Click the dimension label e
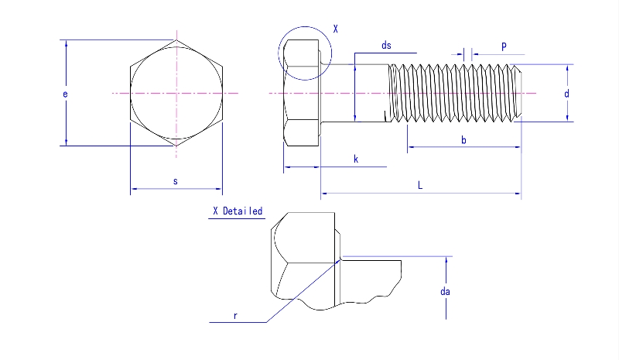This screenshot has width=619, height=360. coord(66,94)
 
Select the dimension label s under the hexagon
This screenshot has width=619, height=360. coord(176,181)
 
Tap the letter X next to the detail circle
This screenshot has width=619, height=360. coord(335,29)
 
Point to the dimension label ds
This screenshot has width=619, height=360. coord(386,46)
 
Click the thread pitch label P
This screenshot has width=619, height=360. coord(504,46)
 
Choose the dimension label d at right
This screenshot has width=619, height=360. coord(567,93)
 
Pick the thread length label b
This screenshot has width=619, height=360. coord(463,139)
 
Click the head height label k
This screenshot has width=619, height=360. coord(356,159)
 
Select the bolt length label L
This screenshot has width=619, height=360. coord(420,185)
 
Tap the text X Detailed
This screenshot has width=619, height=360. coord(238,211)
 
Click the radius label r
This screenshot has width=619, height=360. coord(234,315)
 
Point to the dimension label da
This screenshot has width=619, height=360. coord(445,292)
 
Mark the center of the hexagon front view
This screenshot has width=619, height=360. coord(176,94)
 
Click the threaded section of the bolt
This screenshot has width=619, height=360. coord(453,94)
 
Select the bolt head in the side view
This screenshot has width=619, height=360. coord(302,94)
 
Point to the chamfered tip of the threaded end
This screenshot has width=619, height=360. coord(519,94)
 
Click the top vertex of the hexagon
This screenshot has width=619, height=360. coord(176,41)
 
